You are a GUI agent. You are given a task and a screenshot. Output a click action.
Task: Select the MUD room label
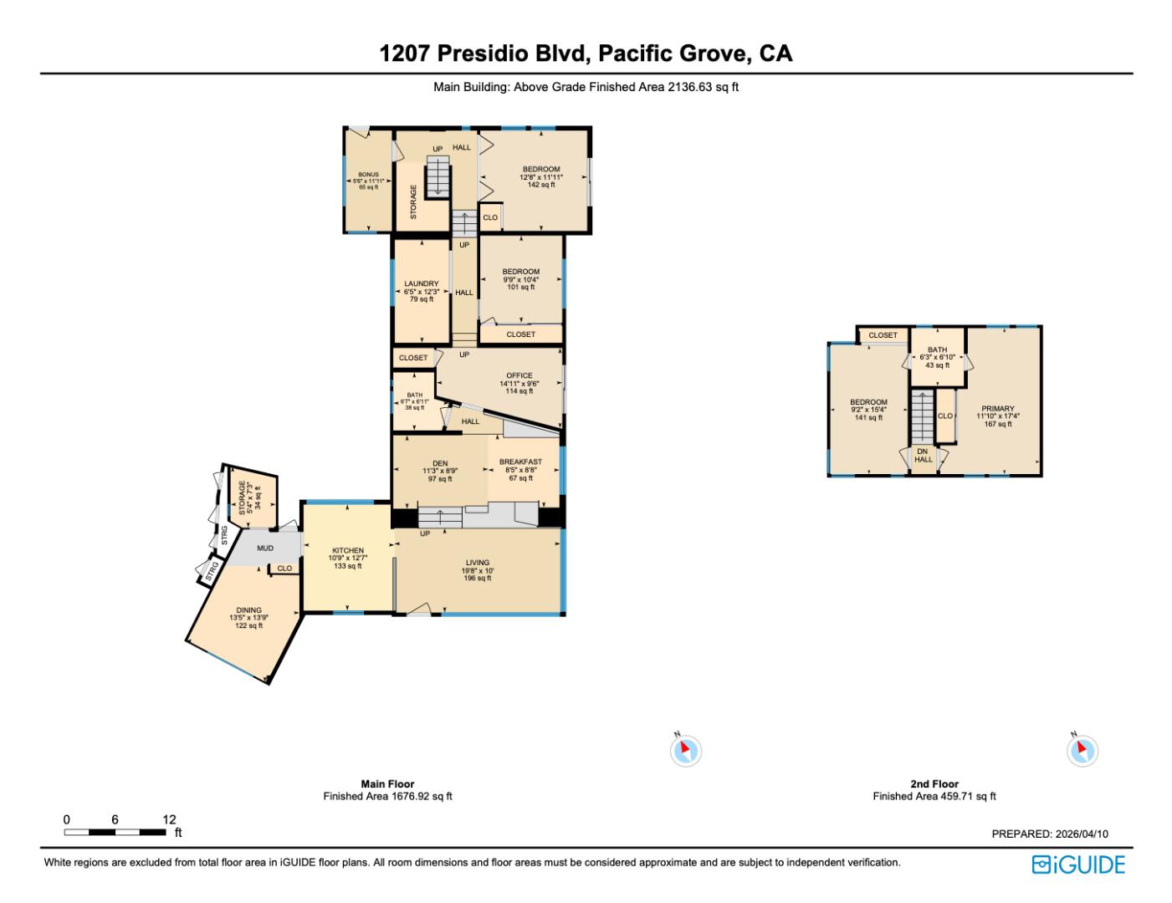point(265,548)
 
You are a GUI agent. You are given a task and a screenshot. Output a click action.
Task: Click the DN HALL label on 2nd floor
point(923,455)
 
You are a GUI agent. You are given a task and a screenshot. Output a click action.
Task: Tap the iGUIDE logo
point(1078,864)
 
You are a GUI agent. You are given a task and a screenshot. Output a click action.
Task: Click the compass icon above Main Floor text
point(685,750)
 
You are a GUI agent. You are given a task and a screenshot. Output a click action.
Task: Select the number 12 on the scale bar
point(170,819)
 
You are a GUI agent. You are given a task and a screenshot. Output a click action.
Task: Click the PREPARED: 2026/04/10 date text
point(1049,834)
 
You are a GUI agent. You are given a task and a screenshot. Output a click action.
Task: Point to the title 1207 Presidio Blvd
point(586,54)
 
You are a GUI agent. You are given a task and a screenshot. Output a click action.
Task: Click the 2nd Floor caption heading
point(934,783)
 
